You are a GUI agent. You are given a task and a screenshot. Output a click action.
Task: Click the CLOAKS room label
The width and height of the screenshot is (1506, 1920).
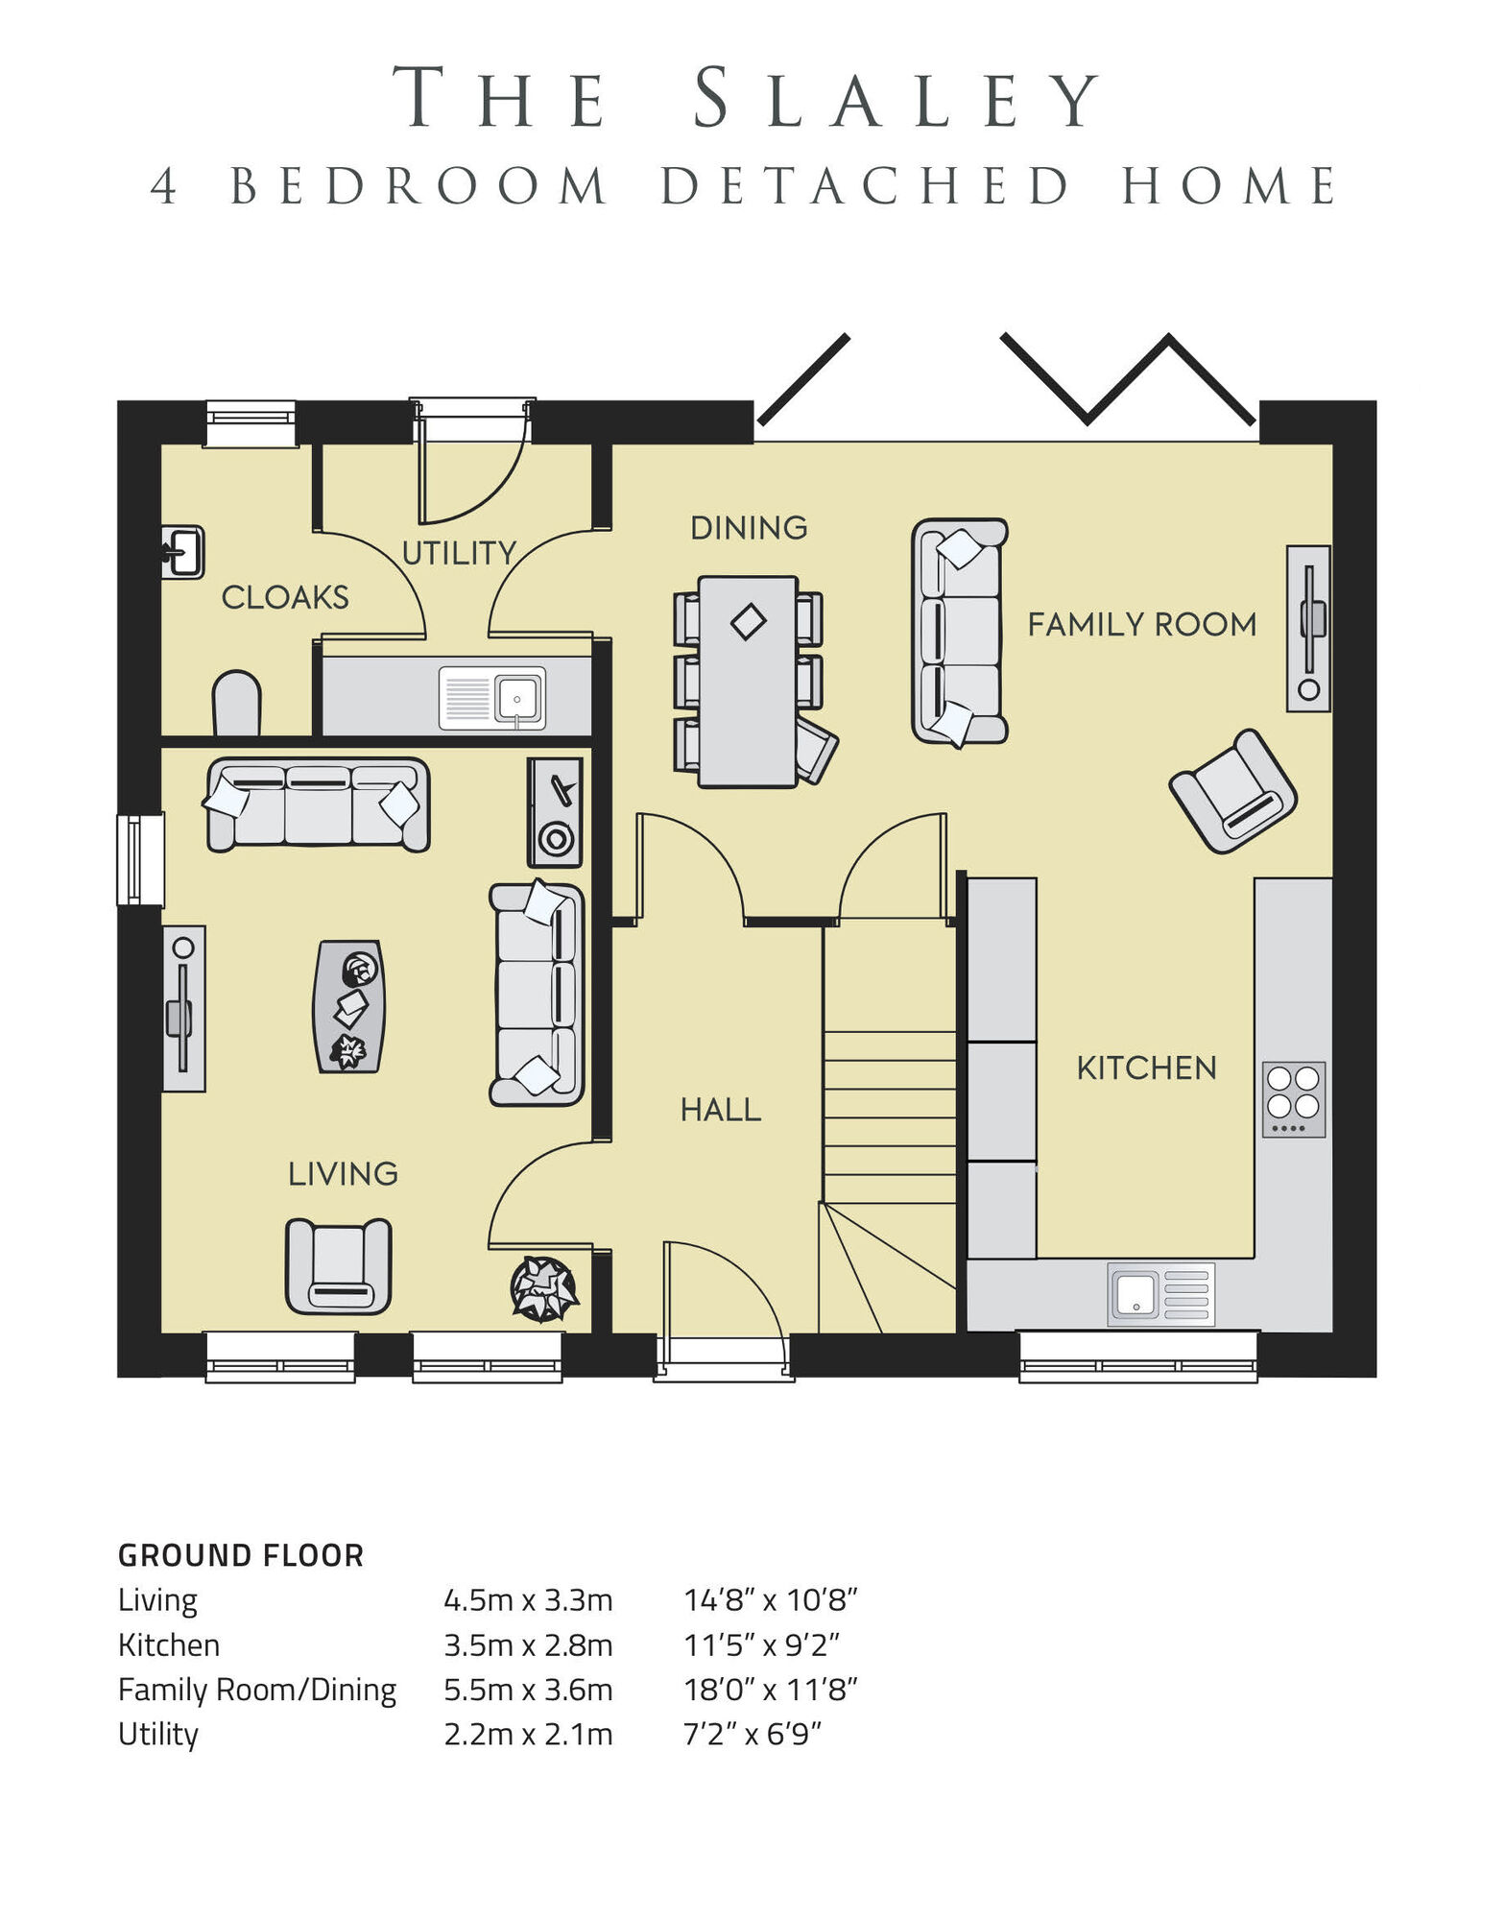[x=284, y=597]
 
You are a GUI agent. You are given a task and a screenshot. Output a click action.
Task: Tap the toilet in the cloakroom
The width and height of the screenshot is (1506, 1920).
[x=236, y=704]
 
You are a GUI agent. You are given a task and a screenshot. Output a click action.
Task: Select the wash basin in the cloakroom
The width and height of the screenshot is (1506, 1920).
[x=182, y=552]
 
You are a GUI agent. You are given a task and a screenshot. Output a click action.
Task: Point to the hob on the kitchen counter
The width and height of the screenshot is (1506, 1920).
[x=1293, y=1099]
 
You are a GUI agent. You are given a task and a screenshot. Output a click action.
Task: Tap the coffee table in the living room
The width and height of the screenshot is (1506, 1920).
[x=349, y=1006]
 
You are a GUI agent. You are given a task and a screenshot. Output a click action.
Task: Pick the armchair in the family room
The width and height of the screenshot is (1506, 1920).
[x=1232, y=791]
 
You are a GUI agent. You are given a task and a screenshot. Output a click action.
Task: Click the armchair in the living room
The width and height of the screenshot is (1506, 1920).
[x=338, y=1266]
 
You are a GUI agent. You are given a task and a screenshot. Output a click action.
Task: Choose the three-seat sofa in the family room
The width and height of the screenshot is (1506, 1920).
[x=958, y=631]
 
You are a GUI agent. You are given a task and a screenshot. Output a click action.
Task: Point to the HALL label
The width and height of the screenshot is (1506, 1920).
[x=720, y=1110]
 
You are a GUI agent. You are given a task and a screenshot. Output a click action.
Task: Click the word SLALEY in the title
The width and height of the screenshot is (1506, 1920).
[x=896, y=98]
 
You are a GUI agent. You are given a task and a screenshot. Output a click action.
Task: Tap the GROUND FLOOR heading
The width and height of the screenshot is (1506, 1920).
[x=241, y=1555]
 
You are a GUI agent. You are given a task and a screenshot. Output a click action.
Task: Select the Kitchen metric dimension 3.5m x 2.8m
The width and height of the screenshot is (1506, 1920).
[x=527, y=1644]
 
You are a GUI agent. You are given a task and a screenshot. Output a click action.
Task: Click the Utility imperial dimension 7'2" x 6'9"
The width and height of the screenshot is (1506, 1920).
[x=753, y=1734]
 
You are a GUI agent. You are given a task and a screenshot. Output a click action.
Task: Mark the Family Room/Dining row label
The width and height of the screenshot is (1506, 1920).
[x=256, y=1690]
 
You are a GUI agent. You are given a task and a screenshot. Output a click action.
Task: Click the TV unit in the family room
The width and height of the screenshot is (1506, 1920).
[x=1307, y=629]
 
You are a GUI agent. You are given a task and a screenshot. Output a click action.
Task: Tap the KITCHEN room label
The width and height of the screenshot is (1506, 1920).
[x=1146, y=1068]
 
